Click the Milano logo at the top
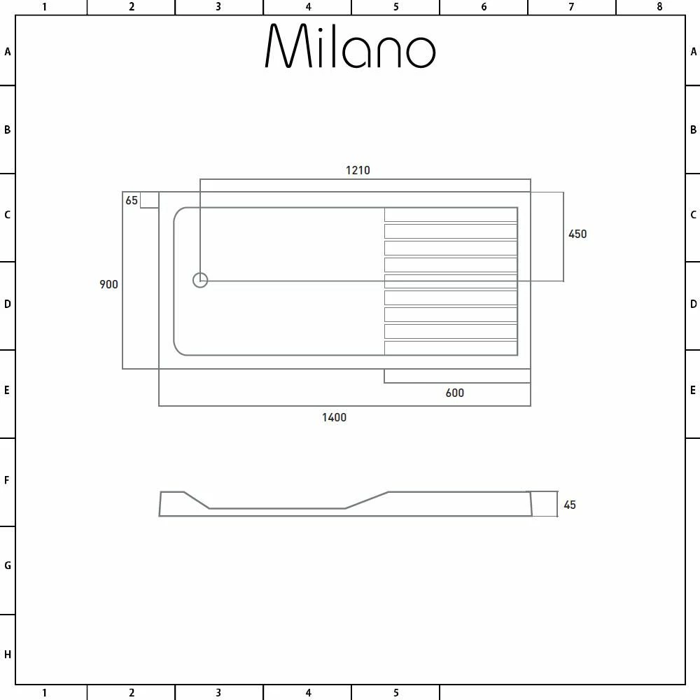pos(350,47)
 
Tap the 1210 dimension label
pos(358,170)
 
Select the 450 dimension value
pos(577,234)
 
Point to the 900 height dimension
pos(108,284)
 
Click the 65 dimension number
pos(132,201)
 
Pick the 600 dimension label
pos(454,393)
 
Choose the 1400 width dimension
pos(334,417)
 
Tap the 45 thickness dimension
pos(570,505)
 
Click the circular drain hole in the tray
pos(200,280)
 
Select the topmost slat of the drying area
pos(450,215)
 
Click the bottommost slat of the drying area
pos(450,348)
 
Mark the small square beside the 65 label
pos(149,200)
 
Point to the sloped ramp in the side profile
pos(366,500)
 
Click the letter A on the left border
pos(8,52)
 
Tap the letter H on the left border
pos(8,655)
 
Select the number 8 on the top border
pos(659,7)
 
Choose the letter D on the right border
pos(693,304)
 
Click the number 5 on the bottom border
pos(395,693)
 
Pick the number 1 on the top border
pos(44,7)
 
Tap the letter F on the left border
pos(8,481)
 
